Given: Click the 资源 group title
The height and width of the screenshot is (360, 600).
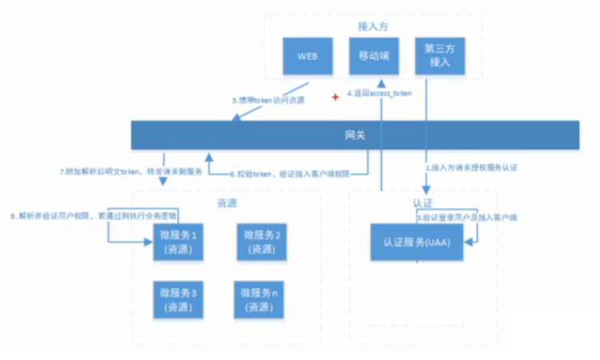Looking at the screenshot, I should pyautogui.click(x=228, y=203).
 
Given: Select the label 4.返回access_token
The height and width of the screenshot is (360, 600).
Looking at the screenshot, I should pyautogui.click(x=380, y=94).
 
